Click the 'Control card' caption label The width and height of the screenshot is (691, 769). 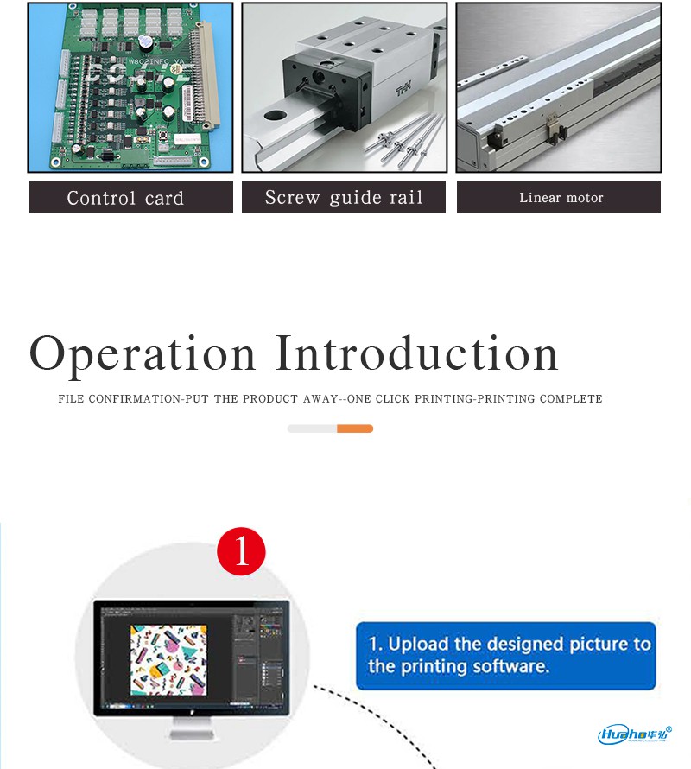pos(131,197)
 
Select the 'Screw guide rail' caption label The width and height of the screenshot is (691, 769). pos(343,197)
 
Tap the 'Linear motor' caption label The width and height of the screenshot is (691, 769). pos(559,197)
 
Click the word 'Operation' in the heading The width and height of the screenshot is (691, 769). pos(143,354)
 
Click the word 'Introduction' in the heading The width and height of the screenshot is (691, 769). pos(416,353)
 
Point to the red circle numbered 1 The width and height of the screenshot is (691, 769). pos(241,551)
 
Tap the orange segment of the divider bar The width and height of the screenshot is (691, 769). pos(355,429)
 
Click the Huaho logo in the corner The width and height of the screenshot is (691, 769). pos(635,734)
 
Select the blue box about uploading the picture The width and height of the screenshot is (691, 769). pos(505,656)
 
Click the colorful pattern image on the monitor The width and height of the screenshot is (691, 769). pos(168,660)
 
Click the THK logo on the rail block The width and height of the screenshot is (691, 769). pos(403,90)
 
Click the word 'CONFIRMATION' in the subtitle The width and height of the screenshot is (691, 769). pos(135,398)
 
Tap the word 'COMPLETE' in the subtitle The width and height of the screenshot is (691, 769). pos(571,398)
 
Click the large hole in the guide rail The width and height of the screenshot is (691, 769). pos(276,117)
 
